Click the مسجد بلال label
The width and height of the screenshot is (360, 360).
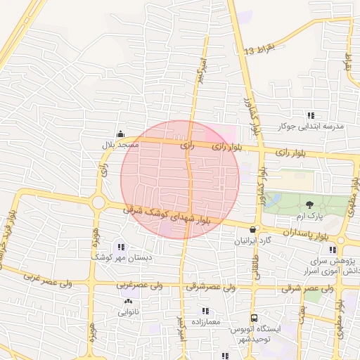tap(119, 144)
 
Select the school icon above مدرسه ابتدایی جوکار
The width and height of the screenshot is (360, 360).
tap(310, 116)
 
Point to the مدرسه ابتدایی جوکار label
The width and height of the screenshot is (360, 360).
tap(311, 127)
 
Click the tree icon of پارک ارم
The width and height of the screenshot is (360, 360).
tap(310, 204)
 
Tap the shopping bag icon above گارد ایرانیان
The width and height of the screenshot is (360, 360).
tap(253, 229)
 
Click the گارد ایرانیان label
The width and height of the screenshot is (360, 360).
tap(252, 240)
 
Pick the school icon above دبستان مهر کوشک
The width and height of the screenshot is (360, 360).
tap(122, 247)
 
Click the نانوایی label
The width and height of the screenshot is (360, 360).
tap(127, 311)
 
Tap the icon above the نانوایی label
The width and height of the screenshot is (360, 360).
tap(127, 302)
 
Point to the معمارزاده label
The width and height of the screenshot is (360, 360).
tap(205, 321)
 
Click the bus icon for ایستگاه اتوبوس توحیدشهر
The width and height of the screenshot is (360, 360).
tap(255, 318)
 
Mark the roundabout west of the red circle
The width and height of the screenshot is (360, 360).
tap(98, 203)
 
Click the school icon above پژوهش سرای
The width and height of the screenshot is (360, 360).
tap(332, 250)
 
